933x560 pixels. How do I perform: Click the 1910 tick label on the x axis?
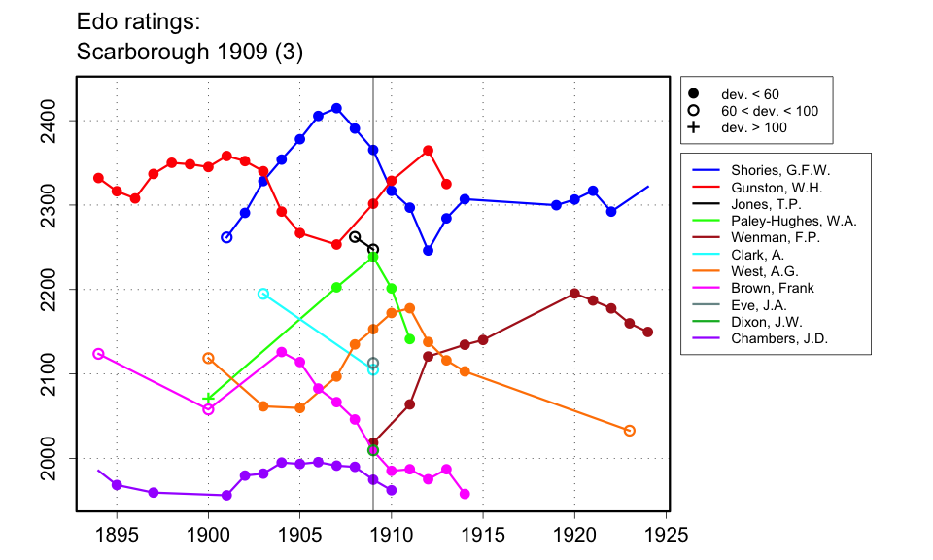[392, 536]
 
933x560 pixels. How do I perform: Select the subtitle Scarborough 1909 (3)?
[190, 52]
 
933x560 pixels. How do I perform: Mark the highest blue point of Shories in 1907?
[336, 108]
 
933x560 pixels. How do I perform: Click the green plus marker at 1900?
[208, 398]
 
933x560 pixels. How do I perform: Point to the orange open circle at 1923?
[630, 431]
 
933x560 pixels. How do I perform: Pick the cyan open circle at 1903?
[263, 294]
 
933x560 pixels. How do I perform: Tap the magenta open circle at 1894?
[98, 354]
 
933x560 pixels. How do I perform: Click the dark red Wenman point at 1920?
[574, 294]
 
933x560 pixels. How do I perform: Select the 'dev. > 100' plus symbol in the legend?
[694, 127]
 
